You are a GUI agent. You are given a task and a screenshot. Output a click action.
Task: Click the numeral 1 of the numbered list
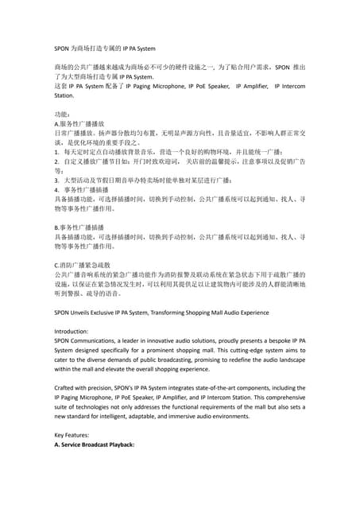click(56, 152)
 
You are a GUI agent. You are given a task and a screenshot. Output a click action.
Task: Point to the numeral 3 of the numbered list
click(56, 181)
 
